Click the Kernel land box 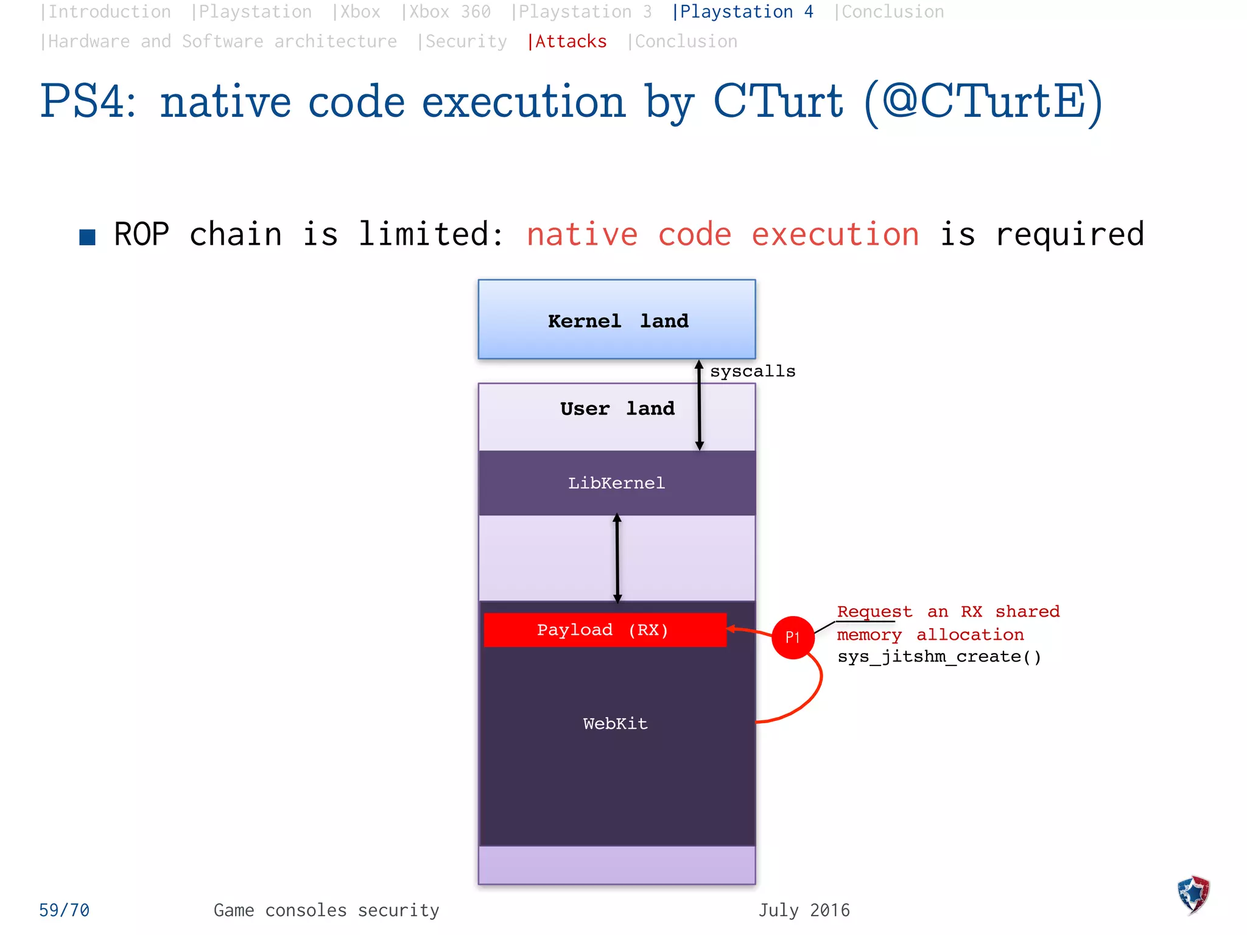(616, 320)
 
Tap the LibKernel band (616, 483)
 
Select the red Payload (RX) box (604, 629)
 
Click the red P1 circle (792, 637)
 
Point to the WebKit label (615, 723)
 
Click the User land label (616, 408)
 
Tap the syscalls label (752, 371)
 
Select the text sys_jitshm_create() (939, 657)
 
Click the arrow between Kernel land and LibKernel (699, 405)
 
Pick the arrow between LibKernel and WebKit (617, 558)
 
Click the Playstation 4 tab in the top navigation (742, 12)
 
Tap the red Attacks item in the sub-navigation (567, 41)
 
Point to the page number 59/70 (64, 910)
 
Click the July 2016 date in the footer (803, 910)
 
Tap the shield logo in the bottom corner (1193, 894)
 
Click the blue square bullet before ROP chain (87, 237)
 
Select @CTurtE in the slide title (983, 102)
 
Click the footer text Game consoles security (326, 910)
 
